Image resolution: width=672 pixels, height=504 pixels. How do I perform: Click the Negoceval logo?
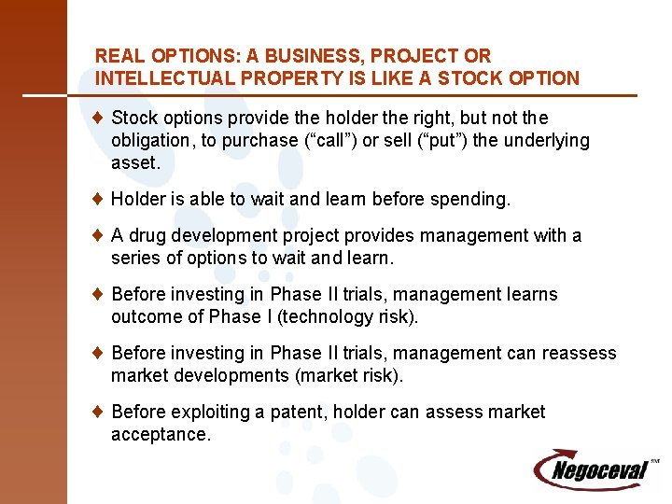tap(595, 469)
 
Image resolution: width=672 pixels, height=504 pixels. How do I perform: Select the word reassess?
tap(578, 353)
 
